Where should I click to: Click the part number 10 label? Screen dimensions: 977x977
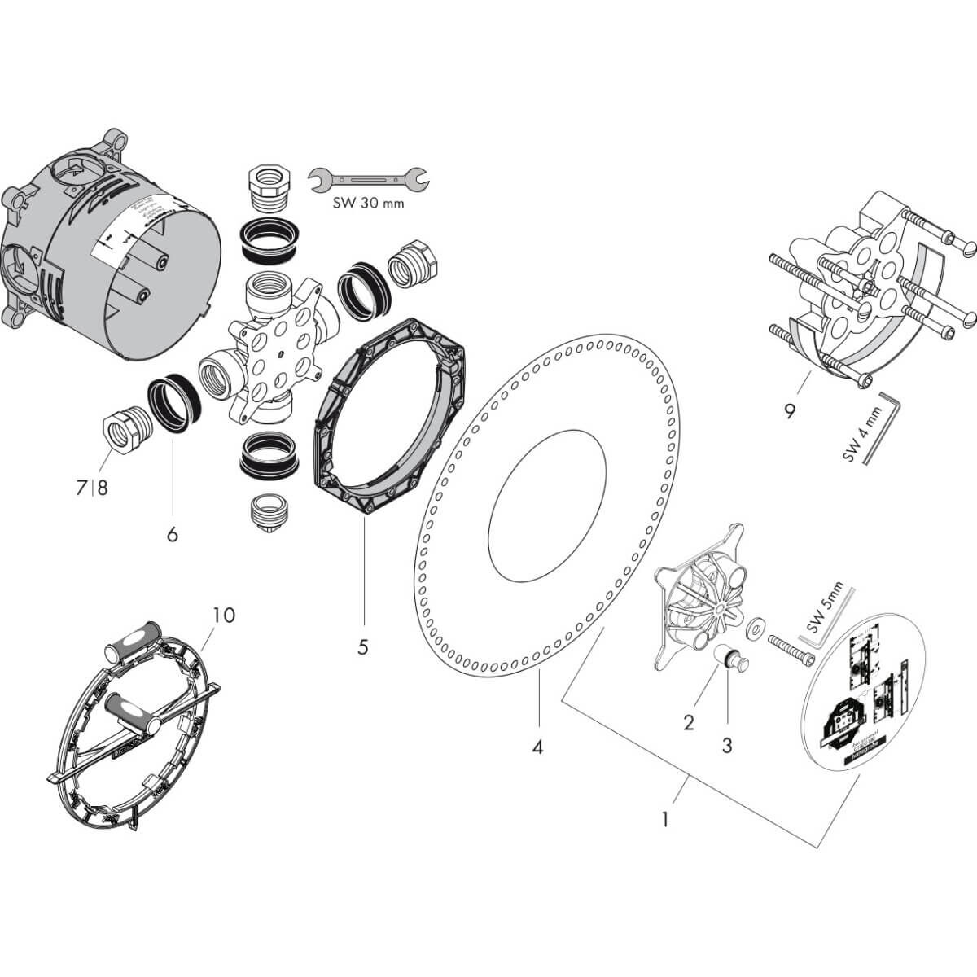click(x=223, y=615)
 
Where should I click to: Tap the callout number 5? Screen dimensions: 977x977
click(x=363, y=647)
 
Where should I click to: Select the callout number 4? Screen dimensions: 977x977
click(x=537, y=746)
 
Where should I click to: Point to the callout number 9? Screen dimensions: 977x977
click(x=789, y=411)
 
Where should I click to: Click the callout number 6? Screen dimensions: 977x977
click(x=172, y=534)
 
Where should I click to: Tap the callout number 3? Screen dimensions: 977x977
click(x=727, y=744)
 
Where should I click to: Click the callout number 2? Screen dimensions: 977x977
click(x=689, y=721)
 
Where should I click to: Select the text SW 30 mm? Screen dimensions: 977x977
click(x=367, y=204)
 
